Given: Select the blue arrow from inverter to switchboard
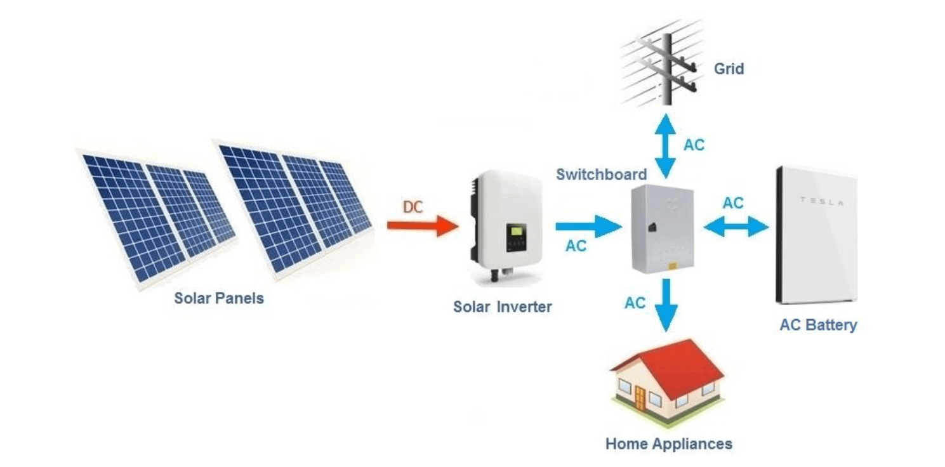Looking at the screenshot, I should point(587,226).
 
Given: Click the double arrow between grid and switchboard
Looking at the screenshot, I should point(665,146).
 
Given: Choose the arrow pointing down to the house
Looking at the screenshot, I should point(665,305).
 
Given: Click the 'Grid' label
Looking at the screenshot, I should point(729,68).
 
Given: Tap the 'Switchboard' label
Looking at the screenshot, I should point(602,174).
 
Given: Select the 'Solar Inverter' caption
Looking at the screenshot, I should point(502,307).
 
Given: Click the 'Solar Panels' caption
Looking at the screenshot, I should point(219,298).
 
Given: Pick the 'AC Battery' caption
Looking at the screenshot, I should point(818,326).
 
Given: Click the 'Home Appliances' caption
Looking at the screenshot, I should point(668,444).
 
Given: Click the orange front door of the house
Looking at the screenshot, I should point(639,398).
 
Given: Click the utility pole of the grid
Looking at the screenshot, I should point(665,63).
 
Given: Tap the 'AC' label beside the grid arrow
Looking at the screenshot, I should point(694,145).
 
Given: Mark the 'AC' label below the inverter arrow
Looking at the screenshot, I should point(576,246).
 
